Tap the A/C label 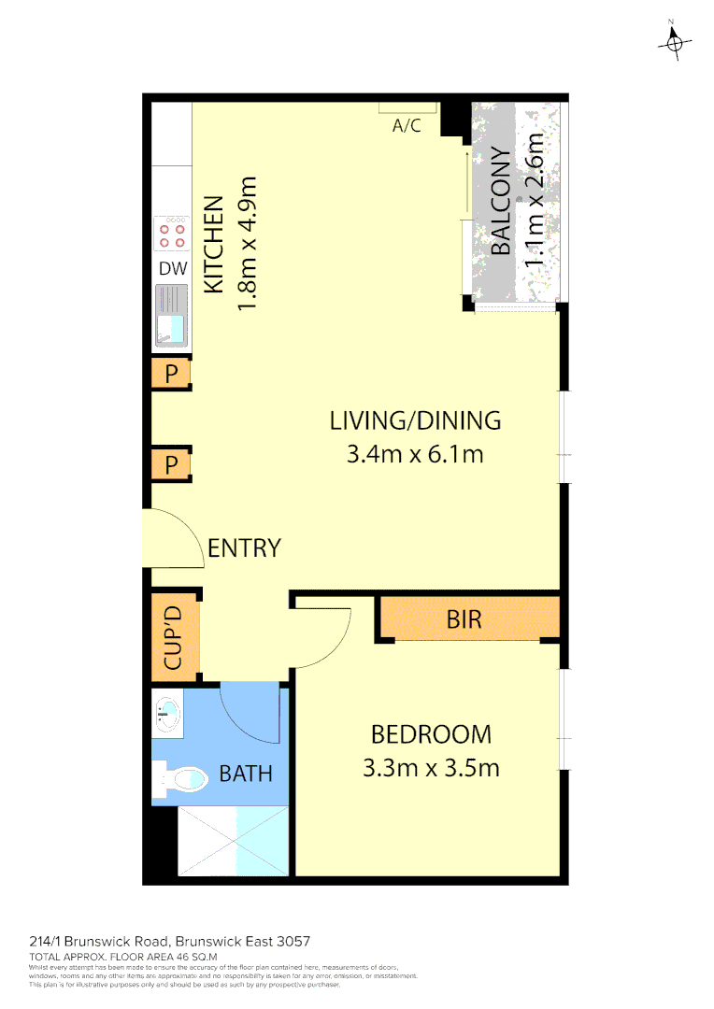[407, 125]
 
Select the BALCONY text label [501, 202]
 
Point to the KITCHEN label [213, 244]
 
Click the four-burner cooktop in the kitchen [171, 234]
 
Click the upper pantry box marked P [171, 375]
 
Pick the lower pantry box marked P [171, 464]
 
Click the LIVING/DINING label [415, 420]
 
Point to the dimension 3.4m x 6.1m [415, 455]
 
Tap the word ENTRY [244, 548]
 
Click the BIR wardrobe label [464, 618]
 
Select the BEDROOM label [430, 734]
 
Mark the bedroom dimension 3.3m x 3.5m [430, 769]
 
